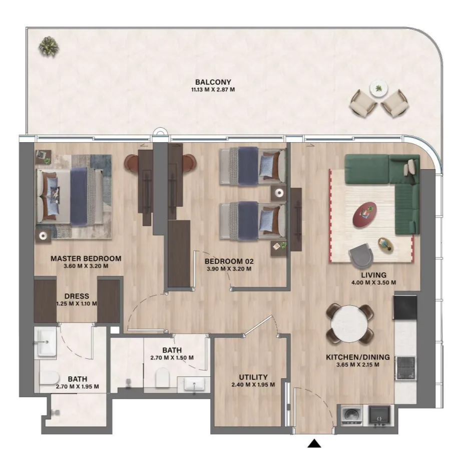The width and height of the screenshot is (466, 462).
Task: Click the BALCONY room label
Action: [x=213, y=82]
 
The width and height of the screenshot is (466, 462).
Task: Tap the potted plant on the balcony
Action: [x=49, y=47]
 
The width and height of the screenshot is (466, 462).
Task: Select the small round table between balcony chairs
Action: [x=378, y=88]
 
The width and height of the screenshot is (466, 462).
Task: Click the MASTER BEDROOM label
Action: [x=86, y=258]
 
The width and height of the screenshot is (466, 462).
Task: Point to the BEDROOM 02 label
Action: [x=229, y=261]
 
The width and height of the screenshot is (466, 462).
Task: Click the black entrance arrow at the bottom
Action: [x=314, y=443]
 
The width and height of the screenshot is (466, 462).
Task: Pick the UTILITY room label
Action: [x=253, y=377]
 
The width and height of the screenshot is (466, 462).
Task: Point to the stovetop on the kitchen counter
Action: [x=405, y=368]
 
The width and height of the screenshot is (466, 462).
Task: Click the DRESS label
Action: [x=77, y=296]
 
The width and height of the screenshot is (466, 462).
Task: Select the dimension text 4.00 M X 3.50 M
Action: [x=373, y=282]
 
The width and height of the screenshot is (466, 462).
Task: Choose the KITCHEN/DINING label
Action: [x=358, y=357]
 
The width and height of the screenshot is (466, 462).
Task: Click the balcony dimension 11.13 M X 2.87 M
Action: [x=213, y=90]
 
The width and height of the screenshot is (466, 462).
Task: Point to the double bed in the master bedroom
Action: [x=70, y=196]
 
